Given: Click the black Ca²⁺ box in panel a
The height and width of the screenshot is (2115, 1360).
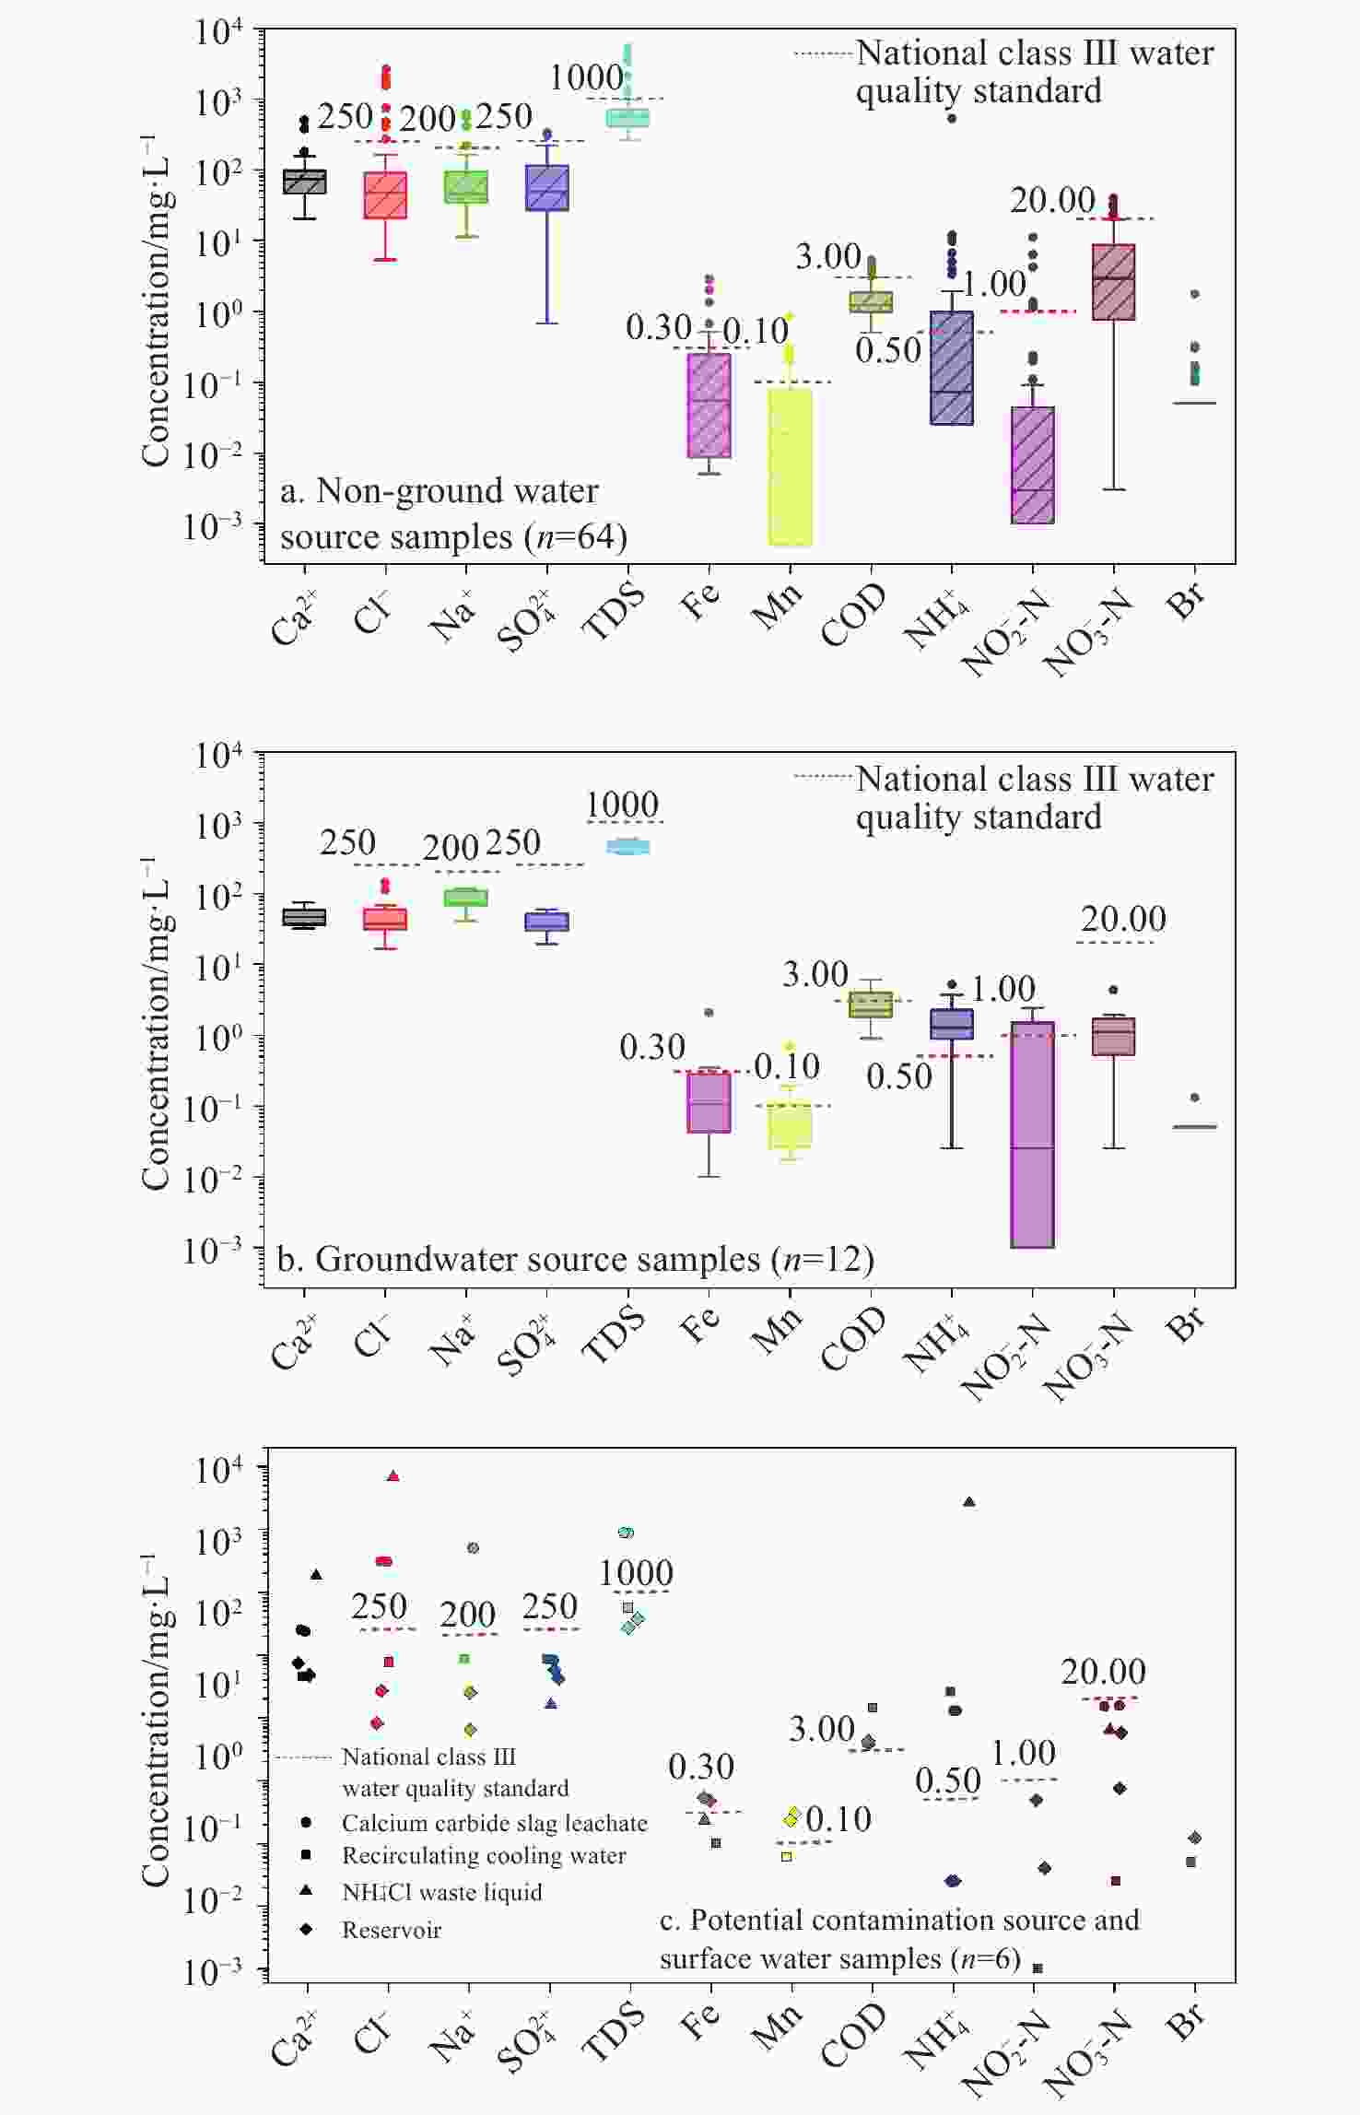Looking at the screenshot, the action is pos(304,182).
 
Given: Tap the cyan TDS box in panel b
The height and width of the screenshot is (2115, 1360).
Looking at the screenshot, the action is pos(627,847).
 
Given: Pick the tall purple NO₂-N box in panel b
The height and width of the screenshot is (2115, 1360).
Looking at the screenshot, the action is pos(1032,1134).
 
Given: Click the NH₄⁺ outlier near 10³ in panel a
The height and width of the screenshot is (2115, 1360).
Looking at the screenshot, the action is pos(952,118).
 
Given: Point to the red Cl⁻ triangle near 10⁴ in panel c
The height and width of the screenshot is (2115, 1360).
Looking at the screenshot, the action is pos(393,1475).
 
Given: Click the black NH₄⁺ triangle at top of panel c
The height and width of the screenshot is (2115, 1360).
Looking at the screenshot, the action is pos(968,1501).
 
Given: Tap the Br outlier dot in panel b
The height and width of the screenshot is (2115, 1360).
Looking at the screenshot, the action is pos(1195,1098).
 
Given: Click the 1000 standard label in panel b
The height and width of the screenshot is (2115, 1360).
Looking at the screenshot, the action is pos(622,805).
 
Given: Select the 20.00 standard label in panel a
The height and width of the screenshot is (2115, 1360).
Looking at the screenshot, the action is pos(1052,200).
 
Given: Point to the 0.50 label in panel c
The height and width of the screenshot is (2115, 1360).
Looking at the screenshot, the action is pos(948,1781).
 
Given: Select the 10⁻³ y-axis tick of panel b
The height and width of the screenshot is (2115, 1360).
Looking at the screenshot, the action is pos(213,1250).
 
